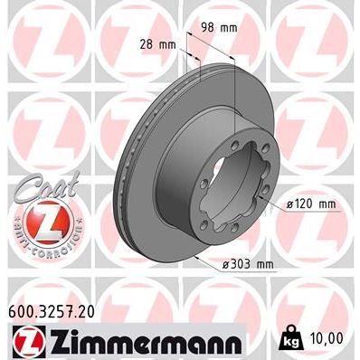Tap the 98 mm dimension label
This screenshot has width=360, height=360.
[221, 29]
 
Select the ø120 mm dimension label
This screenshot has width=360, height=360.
[310, 204]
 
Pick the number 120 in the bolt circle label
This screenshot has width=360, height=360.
[309, 204]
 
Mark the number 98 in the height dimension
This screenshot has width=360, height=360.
[212, 29]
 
